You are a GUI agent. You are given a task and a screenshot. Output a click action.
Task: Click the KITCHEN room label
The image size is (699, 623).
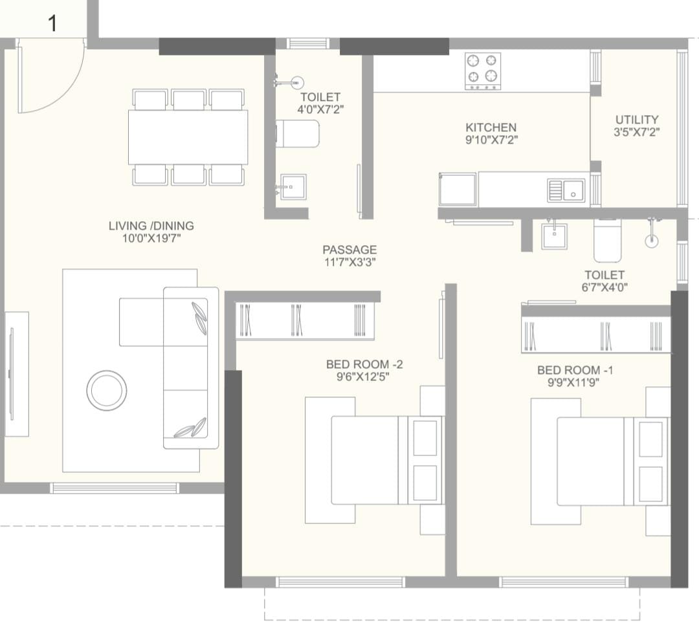click(491, 127)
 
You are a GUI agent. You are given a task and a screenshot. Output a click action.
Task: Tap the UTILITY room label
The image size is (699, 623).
click(637, 120)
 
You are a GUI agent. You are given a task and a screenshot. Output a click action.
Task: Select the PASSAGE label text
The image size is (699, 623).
click(349, 250)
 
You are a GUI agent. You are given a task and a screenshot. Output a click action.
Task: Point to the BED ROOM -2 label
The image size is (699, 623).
click(364, 364)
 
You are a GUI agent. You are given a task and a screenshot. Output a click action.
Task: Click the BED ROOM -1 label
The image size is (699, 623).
click(575, 370)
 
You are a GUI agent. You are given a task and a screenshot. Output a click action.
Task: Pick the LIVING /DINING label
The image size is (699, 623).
click(151, 226)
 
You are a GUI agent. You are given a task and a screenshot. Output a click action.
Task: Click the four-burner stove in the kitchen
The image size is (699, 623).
click(482, 71)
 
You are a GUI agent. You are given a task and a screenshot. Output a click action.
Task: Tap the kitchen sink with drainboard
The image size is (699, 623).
click(566, 191)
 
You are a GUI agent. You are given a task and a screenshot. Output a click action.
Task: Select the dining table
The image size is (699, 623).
click(188, 137)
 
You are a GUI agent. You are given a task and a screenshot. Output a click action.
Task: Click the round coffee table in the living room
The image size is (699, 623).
click(107, 390)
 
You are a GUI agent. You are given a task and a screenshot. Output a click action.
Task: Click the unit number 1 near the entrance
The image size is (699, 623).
click(52, 23)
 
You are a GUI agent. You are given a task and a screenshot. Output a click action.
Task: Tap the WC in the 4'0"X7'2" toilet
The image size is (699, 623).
click(297, 133)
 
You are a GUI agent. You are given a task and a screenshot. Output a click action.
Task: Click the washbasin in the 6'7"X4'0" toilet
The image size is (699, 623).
click(554, 235)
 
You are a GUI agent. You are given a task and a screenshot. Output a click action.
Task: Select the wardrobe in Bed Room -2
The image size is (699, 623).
click(304, 320)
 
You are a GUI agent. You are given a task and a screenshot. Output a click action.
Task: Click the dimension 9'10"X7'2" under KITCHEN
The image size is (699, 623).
click(491, 140)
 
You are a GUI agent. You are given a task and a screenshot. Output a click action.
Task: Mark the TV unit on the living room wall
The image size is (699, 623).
click(17, 375)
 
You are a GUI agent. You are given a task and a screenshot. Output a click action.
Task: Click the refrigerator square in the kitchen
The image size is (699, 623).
click(458, 189)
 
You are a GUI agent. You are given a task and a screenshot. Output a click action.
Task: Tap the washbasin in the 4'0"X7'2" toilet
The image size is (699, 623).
click(293, 187)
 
